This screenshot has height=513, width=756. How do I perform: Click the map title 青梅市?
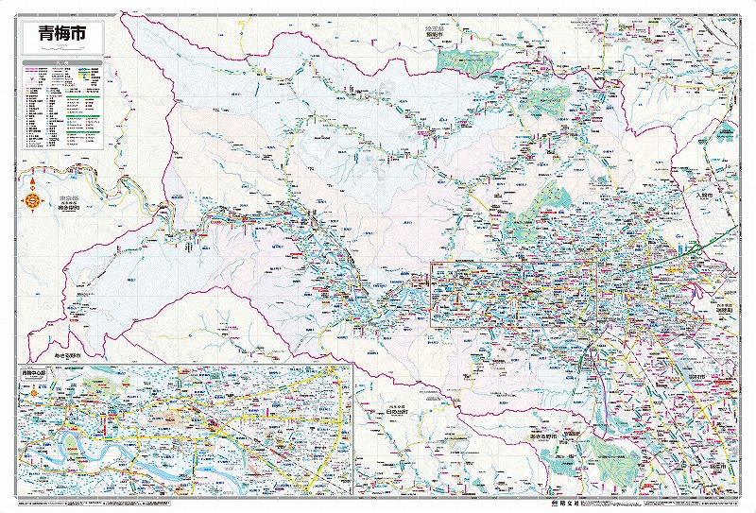point(62,33)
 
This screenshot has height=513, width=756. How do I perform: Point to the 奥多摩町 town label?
point(60,206)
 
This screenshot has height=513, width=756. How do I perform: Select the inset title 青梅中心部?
point(34,372)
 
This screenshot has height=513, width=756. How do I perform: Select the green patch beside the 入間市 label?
point(726,134)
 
